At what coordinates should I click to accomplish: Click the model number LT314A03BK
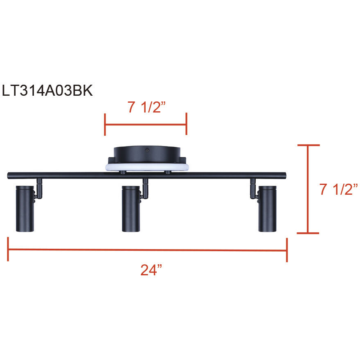47,91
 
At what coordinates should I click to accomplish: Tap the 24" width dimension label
151,270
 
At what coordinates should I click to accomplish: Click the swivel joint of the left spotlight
38,191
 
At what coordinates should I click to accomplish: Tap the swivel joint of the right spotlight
254,191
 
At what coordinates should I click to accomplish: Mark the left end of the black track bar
9,175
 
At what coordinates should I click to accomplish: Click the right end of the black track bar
286,175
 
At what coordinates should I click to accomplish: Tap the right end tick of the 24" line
287,250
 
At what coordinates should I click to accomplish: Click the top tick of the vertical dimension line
308,145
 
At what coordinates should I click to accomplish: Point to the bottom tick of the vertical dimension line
308,233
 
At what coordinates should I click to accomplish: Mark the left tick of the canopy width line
105,124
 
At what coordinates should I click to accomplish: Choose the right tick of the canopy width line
187,124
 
